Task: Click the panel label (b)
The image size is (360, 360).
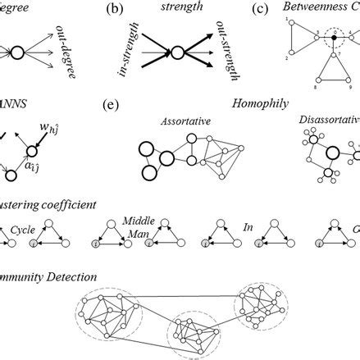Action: pyautogui.click(x=116, y=11)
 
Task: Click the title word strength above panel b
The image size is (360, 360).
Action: pyautogui.click(x=172, y=10)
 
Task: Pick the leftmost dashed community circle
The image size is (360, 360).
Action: pyautogui.click(x=104, y=314)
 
